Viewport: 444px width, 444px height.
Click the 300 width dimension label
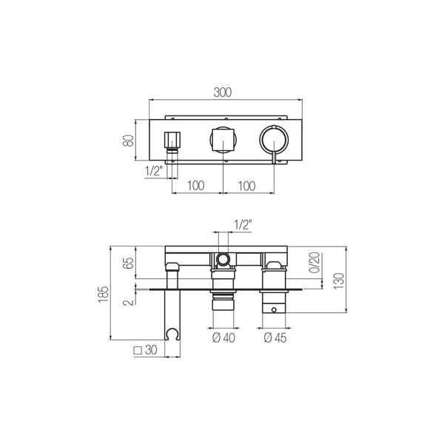222,92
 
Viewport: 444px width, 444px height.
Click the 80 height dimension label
128,141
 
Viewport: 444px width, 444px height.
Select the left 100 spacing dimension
195,186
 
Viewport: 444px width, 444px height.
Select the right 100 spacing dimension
246,186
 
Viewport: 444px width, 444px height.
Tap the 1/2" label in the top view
154,171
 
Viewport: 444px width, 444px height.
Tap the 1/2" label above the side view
243,225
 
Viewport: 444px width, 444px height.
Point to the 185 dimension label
104,295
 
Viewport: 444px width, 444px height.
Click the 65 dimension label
128,263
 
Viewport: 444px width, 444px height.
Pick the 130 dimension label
339,281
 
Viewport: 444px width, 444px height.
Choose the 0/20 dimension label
314,263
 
